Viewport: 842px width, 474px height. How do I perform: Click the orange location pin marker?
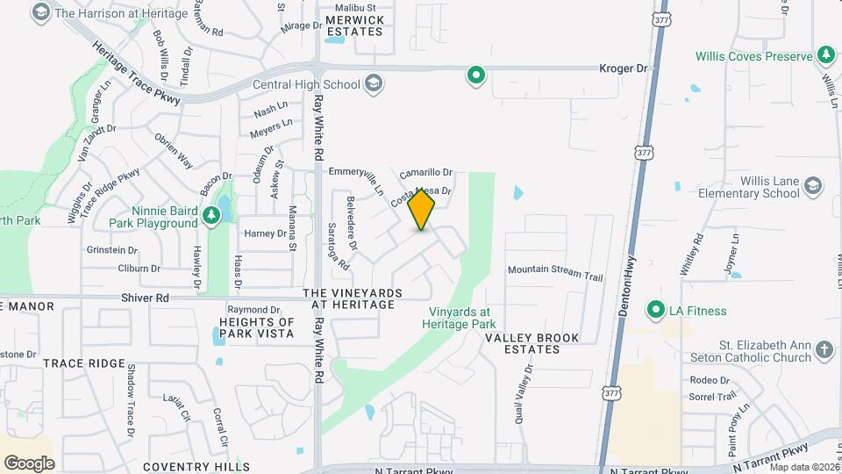point(421,209)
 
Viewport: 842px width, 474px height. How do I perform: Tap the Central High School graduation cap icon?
point(374,84)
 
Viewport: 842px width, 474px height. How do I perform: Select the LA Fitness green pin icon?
point(654,310)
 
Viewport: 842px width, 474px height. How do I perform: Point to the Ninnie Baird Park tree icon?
point(210,214)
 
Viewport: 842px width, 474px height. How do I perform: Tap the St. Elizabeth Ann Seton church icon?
point(824,350)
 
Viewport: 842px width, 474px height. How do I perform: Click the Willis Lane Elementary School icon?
point(813,186)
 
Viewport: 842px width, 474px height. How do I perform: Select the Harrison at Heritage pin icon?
point(40,12)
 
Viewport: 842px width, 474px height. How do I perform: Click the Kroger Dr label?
point(623,68)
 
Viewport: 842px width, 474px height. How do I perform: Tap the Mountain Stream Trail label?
point(555,272)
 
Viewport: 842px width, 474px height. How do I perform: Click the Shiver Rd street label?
point(150,298)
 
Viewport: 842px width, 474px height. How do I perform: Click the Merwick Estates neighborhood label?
point(353,25)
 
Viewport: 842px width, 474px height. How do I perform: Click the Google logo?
point(29,463)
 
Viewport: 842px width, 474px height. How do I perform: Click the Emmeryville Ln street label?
point(357,181)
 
